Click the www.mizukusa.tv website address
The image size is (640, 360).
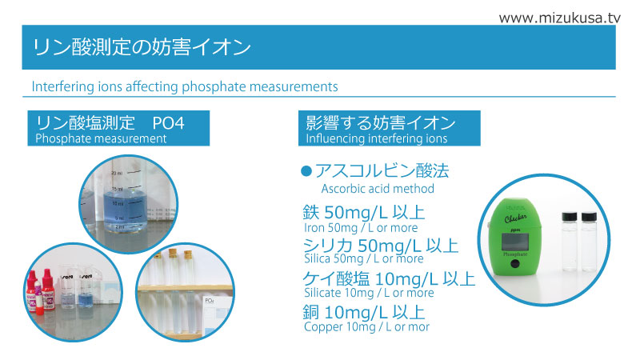point(559,18)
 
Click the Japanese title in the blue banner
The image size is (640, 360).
point(142,47)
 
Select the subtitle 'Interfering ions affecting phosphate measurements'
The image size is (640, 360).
point(185,86)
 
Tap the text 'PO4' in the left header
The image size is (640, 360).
point(168,123)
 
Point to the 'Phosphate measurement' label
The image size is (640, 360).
point(101,138)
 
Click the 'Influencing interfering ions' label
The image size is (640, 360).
point(376,138)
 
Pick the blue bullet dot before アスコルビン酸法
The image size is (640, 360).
point(306,171)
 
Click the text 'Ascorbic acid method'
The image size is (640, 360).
point(378,189)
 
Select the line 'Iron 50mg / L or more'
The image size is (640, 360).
point(361,228)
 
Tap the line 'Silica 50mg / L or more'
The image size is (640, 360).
point(364,258)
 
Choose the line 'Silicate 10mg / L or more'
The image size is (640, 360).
point(369,293)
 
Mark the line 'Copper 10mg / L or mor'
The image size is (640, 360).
point(366,326)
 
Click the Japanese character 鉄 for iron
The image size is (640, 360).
point(311,212)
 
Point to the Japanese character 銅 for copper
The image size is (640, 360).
point(311,312)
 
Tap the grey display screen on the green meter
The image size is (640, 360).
point(514,242)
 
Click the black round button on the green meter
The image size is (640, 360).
point(515,264)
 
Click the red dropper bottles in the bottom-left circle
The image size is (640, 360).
point(41,291)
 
